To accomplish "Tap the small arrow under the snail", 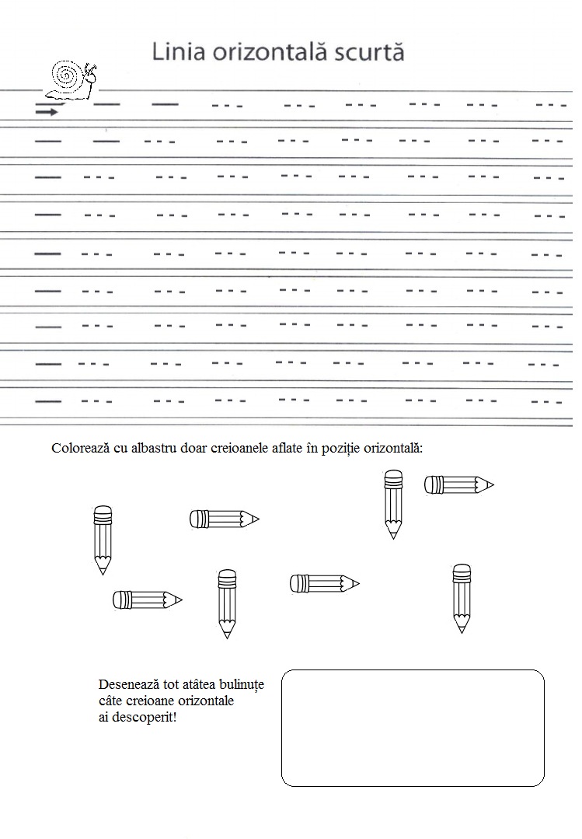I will [47, 112].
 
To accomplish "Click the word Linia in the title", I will [173, 53].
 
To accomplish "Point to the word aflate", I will [291, 449].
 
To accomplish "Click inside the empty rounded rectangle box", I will [412, 727].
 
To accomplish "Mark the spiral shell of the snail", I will [67, 78].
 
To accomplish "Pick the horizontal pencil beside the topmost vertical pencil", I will [458, 485].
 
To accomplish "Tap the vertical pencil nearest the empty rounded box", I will [462, 597].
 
